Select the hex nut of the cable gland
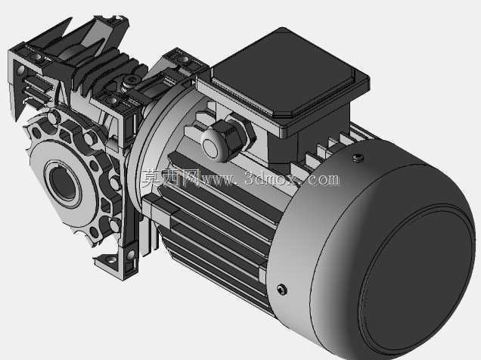[x=239, y=135]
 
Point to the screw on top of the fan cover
[x=358, y=157]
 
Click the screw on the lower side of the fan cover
[x=282, y=289]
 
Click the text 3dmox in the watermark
[x=272, y=178]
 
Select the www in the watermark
[x=216, y=180]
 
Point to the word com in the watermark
[x=324, y=179]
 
